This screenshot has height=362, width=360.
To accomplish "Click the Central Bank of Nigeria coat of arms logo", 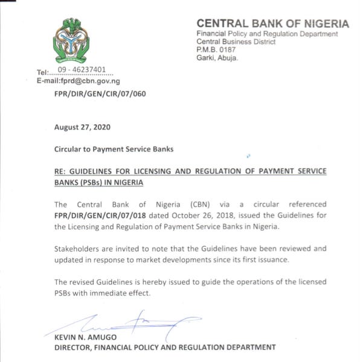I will coord(72,40).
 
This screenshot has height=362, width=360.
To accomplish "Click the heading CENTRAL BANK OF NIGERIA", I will coord(272,24).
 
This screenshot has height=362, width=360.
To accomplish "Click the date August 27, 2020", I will coord(82,128).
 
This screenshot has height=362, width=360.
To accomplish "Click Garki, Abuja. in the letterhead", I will coord(217,58).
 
